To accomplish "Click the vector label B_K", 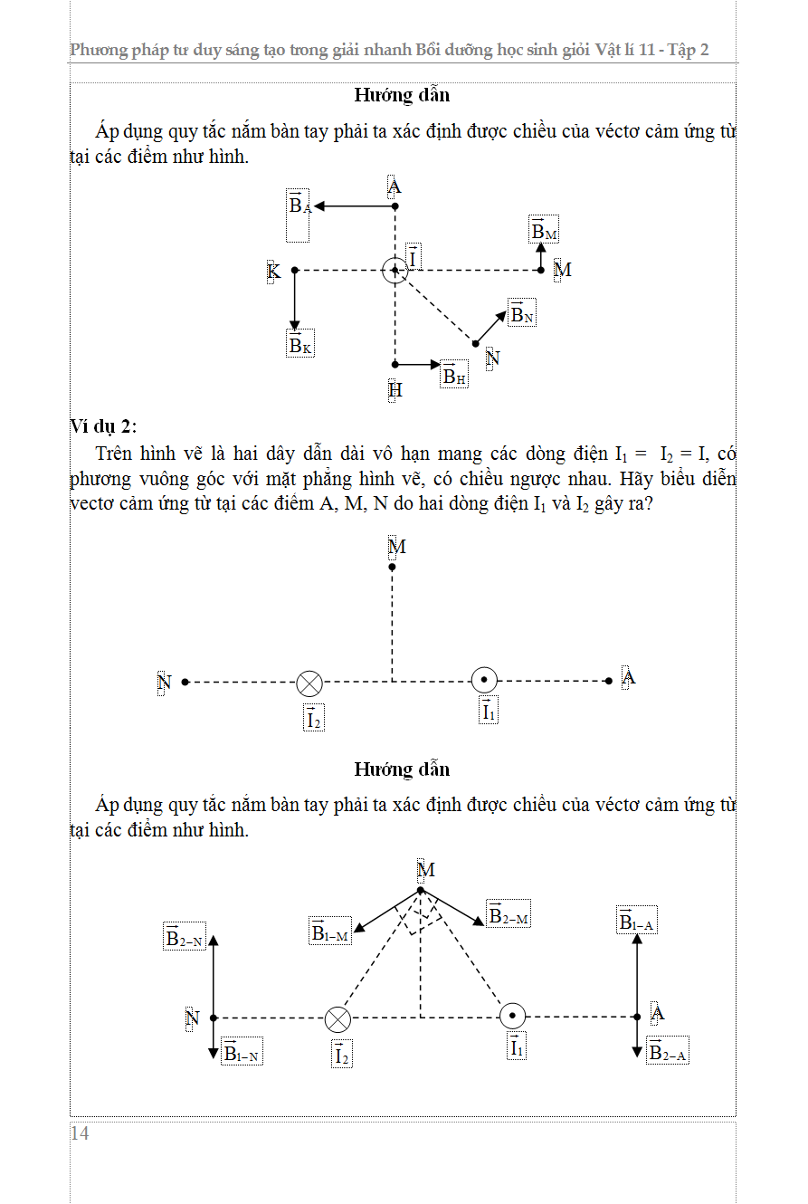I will [300, 344].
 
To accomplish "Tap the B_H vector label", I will [454, 375].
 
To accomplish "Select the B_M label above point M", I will [544, 231].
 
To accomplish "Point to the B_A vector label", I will [299, 205].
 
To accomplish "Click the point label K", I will [271, 271].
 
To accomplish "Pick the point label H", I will [395, 390].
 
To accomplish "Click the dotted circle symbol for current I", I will [394, 270].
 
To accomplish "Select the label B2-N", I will [185, 937].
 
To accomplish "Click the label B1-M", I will [329, 932].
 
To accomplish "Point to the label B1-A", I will [637, 921].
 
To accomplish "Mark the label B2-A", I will [669, 1051].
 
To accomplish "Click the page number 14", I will [80, 1133].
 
